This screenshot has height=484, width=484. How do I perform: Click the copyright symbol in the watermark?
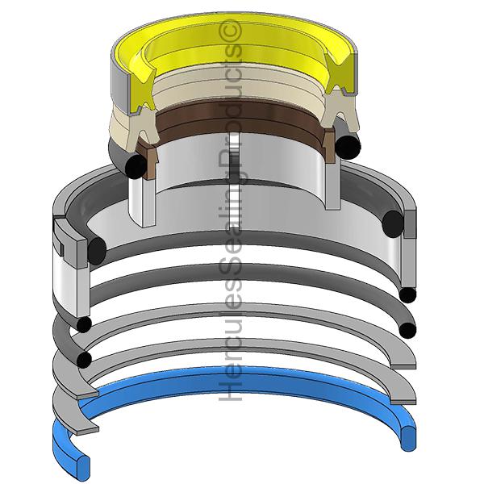(230, 31)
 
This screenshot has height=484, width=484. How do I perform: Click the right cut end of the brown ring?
(329, 144)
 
